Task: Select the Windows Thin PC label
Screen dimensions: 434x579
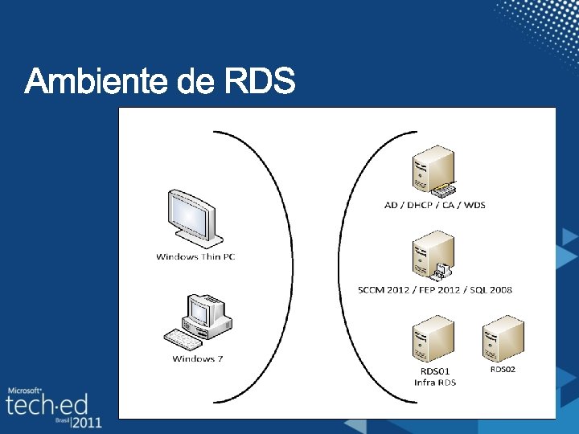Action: coord(195,257)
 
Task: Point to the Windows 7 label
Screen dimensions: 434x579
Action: coord(197,358)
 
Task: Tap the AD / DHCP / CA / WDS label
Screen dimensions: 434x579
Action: coord(434,205)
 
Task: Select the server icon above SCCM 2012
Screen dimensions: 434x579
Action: coord(433,256)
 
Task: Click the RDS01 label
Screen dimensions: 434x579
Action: coord(435,371)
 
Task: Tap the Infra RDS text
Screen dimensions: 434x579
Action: coord(435,383)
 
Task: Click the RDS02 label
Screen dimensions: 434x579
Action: coord(503,370)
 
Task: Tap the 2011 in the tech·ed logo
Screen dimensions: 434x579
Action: coord(86,421)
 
